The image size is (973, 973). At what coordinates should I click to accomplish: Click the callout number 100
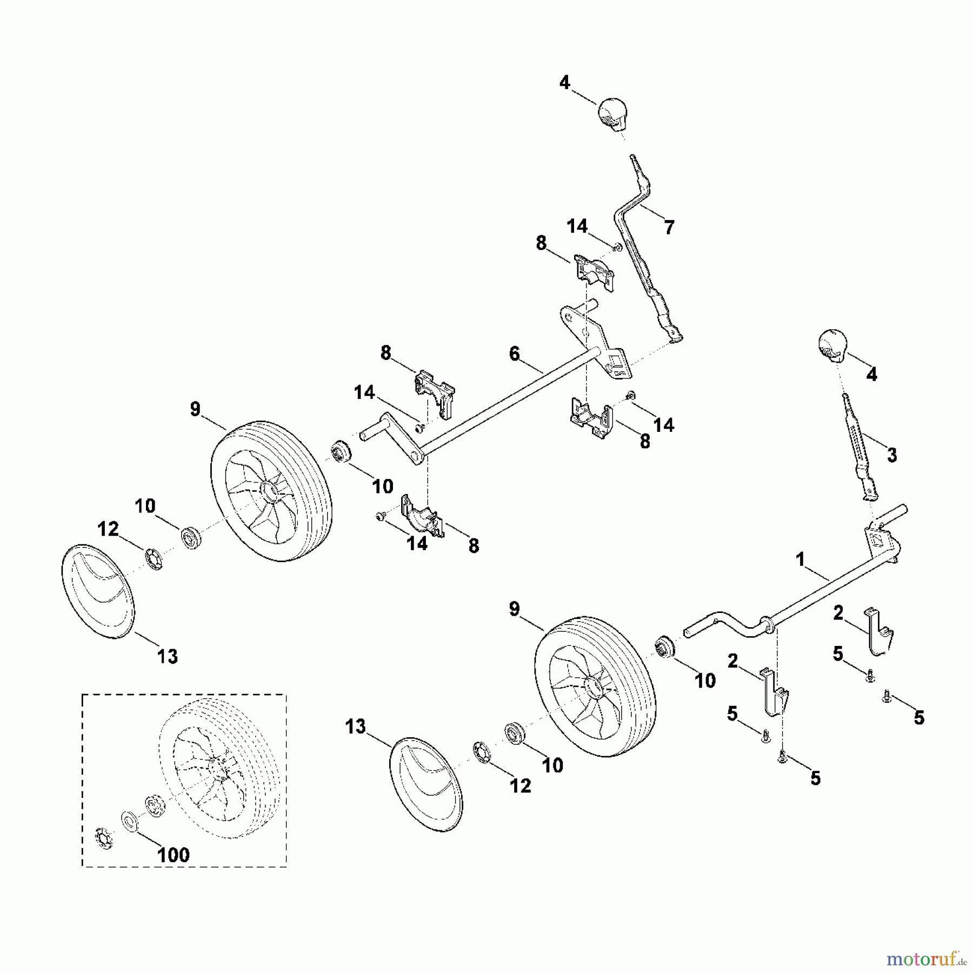pos(174,855)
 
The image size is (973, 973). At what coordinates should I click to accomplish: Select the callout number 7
pos(669,228)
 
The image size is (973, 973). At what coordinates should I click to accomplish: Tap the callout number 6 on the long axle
pos(514,354)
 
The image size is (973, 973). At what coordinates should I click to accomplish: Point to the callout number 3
pos(891,455)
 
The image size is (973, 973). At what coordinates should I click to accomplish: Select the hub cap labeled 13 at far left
pos(97,591)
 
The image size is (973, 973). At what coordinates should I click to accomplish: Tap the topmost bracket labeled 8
pos(592,274)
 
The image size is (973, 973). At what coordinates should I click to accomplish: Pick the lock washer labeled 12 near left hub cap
pos(154,558)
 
